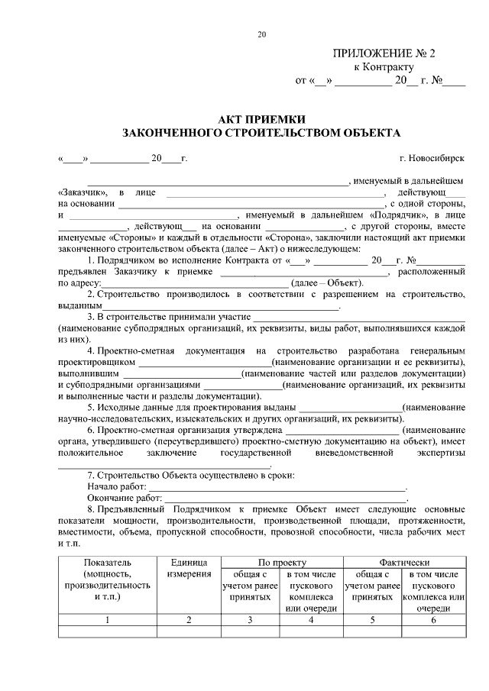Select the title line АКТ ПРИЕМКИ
point(261,119)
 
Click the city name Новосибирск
point(432,159)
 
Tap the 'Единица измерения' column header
point(188,567)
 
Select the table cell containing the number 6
point(433,620)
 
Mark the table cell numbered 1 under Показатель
point(108,620)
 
